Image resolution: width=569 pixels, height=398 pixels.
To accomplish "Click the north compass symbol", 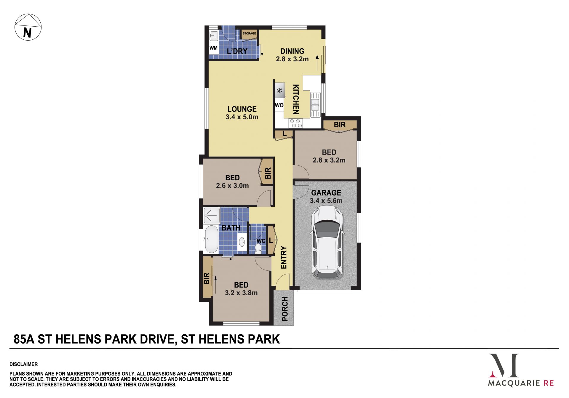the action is (28, 27).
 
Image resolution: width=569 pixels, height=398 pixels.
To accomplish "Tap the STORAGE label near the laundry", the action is (249, 33).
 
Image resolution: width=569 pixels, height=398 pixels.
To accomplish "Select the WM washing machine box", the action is (213, 48).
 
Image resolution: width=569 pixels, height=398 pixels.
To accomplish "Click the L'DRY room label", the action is (237, 51).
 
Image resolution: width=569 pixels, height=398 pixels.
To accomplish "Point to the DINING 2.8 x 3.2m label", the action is (292, 55).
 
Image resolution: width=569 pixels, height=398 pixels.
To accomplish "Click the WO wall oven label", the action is (279, 105).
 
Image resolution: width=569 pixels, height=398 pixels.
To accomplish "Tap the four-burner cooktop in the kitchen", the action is (296, 123).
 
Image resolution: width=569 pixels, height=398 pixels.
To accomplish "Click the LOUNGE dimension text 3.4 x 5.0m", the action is (242, 117).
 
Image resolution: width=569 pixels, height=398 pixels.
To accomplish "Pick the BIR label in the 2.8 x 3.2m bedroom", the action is (340, 125).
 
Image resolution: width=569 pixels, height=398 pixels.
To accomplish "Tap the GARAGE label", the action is (326, 193).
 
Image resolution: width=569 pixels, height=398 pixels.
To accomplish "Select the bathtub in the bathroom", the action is (211, 239).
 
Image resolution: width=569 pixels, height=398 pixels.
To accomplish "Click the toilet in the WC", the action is (258, 249).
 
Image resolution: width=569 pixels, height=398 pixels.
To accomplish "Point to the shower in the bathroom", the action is (212, 216).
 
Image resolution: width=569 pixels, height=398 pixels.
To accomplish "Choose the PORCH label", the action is (285, 309).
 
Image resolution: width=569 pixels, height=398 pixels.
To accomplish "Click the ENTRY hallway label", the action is (284, 258).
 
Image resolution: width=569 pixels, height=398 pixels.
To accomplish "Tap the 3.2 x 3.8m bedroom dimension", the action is (241, 293).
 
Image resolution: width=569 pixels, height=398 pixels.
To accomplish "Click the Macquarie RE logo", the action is (521, 370).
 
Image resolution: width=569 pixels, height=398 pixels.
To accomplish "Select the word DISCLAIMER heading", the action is (24, 364).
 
